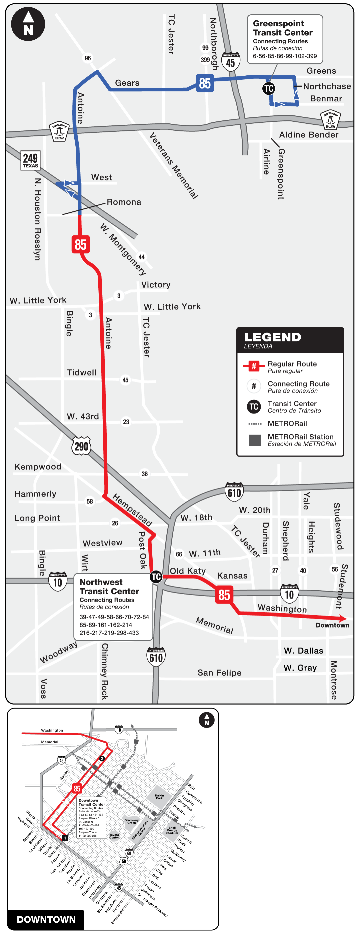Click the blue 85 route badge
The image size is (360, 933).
205,83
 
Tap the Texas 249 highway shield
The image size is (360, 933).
30,160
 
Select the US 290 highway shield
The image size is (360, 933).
81,446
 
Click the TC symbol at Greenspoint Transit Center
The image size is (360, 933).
268,88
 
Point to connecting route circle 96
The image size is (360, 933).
88,58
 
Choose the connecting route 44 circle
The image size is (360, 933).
141,257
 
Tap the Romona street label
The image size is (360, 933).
124,202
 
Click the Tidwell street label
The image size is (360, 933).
81,372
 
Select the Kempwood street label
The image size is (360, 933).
38,466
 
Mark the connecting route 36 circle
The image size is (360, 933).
145,474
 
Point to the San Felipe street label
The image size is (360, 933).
219,673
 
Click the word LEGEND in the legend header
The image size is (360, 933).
272,337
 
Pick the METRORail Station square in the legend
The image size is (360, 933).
255,440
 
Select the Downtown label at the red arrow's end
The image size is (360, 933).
332,625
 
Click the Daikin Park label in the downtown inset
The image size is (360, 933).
159,797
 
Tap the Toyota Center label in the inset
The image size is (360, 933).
114,836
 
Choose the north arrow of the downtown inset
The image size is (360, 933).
206,720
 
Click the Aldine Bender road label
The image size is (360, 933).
309,135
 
